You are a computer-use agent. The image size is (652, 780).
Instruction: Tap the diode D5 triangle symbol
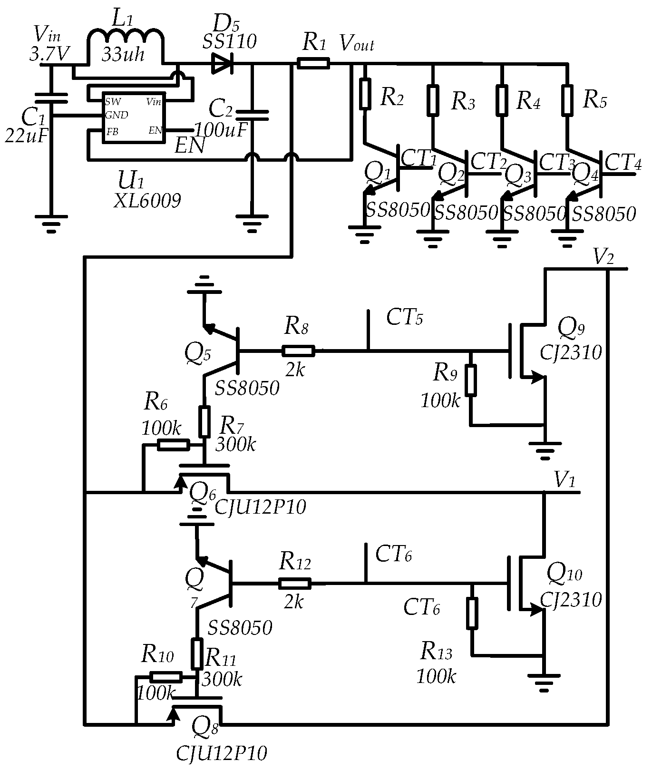coord(221,63)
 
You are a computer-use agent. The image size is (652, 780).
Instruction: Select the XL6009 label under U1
coord(147,201)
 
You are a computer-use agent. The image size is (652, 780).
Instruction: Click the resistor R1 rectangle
coord(313,63)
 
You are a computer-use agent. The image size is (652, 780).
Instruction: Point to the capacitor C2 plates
coord(253,115)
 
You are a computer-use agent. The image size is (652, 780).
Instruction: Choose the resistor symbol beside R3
coord(432,100)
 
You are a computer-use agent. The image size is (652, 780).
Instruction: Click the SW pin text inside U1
coord(113,101)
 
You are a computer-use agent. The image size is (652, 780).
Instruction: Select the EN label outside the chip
coord(190,146)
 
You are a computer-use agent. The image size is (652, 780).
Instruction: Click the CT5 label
coord(404,317)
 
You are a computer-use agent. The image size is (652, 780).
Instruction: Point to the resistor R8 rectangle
coord(298,351)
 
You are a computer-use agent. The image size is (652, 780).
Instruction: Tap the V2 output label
coord(603,258)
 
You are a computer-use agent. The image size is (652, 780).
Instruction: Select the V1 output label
coord(565,481)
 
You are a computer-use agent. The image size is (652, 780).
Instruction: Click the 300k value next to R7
coord(236,444)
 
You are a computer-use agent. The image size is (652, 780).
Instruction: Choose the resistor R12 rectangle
coord(295,584)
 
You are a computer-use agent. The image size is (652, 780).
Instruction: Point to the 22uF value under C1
coord(27,136)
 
